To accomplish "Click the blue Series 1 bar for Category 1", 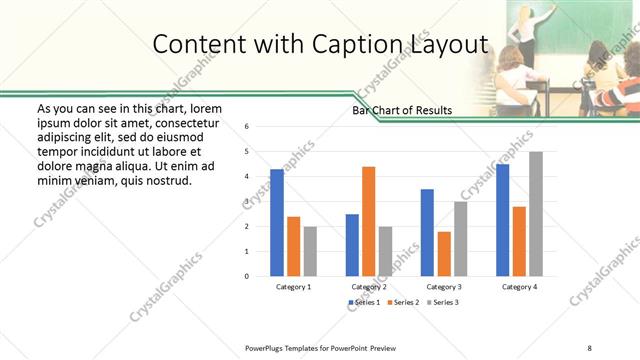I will [277, 223].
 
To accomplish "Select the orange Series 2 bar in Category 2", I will [368, 221].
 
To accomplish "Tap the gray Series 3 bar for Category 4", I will [536, 214].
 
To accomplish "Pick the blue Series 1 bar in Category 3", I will [427, 232].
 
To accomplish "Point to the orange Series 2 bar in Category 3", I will [444, 254].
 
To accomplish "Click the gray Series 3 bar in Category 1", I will [310, 251].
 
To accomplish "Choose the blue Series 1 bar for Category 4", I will [502, 220].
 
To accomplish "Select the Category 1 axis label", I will [293, 287].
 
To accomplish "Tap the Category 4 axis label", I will [519, 287].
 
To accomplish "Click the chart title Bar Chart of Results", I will [401, 110].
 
